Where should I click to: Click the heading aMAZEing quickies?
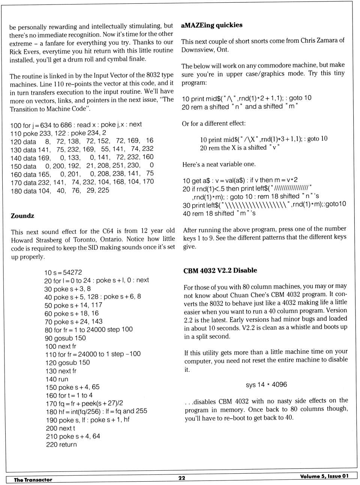(x=211, y=25)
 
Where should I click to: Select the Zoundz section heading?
(x=22, y=216)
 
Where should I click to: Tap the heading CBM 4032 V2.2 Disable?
(x=220, y=270)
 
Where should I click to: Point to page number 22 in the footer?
(x=182, y=478)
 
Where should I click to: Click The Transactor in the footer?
(x=33, y=479)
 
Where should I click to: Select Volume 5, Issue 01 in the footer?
(x=324, y=476)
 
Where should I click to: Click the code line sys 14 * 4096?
(x=266, y=384)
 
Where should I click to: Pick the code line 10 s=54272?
(x=63, y=273)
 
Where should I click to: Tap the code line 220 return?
(x=61, y=444)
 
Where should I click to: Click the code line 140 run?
(x=57, y=379)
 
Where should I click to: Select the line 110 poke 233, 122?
(x=58, y=133)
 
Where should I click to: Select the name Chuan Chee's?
(x=249, y=294)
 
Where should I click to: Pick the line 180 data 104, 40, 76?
(x=60, y=190)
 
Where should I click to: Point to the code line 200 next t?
(x=60, y=428)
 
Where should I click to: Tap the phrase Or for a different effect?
(x=214, y=123)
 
